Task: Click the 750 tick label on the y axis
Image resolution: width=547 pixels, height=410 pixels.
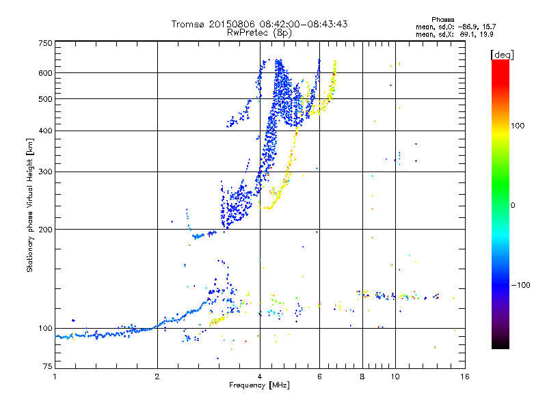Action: click(x=45, y=42)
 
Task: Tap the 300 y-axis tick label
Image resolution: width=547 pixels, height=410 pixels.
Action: click(x=45, y=172)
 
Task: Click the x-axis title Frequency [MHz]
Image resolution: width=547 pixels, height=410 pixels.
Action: click(x=259, y=385)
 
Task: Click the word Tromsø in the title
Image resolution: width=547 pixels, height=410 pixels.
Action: click(x=188, y=24)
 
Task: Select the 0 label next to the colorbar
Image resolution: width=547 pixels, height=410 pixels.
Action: click(x=513, y=205)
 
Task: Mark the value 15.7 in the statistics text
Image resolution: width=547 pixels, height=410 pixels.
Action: click(x=485, y=27)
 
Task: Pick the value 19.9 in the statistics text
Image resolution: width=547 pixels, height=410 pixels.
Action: click(x=485, y=33)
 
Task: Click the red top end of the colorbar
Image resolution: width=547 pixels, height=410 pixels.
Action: click(x=500, y=63)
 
